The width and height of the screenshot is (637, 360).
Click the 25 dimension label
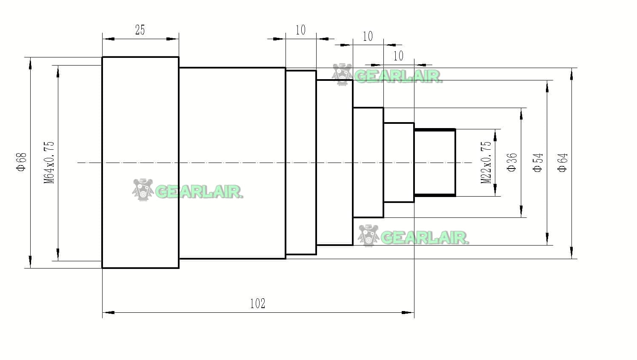[140, 30]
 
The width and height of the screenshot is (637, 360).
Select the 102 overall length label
[257, 303]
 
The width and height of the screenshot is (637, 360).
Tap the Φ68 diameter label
[22, 162]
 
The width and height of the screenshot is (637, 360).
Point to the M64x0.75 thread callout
[49, 163]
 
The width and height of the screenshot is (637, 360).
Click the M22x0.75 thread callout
[486, 163]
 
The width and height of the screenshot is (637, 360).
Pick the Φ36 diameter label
[512, 162]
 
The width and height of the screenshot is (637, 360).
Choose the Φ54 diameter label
[538, 163]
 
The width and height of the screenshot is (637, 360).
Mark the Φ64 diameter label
[563, 163]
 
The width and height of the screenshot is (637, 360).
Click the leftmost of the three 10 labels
[300, 30]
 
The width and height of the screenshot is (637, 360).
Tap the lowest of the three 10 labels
[398, 56]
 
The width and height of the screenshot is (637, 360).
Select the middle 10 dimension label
[368, 37]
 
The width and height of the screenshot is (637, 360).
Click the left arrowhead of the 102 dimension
[109, 313]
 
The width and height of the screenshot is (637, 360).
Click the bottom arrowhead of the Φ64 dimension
[571, 252]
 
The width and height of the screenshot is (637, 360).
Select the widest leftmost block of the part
[140, 128]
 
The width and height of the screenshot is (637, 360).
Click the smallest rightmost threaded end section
[434, 163]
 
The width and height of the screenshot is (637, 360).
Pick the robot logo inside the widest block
[143, 190]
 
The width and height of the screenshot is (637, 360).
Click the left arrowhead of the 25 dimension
[109, 39]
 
